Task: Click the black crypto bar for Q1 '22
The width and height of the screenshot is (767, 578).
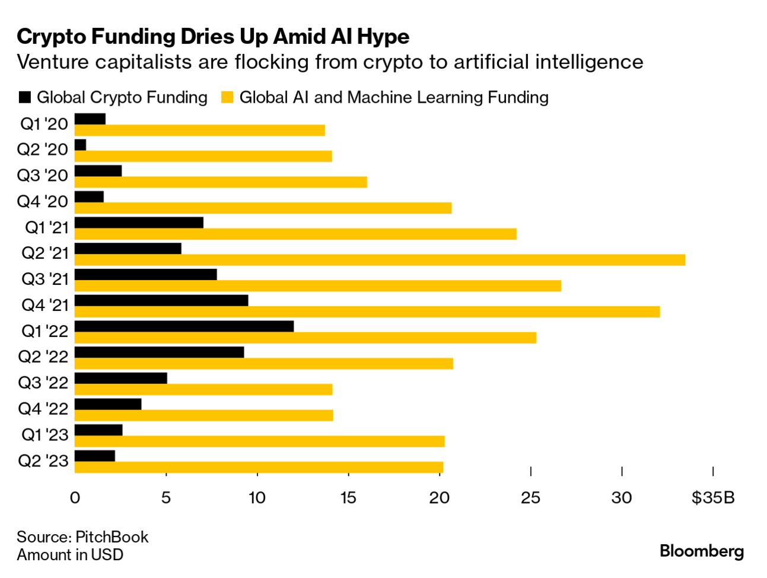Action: pyautogui.click(x=184, y=326)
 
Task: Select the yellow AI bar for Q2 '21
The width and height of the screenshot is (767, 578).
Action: pyautogui.click(x=380, y=260)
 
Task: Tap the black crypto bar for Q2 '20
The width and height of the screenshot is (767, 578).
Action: pyautogui.click(x=81, y=145)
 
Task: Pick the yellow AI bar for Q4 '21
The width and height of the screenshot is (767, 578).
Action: pyautogui.click(x=367, y=312)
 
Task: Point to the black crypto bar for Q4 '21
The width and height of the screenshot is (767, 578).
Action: pyautogui.click(x=161, y=300)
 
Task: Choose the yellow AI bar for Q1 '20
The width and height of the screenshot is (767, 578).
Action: pyautogui.click(x=199, y=131)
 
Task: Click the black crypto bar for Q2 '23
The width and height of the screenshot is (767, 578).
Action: pyautogui.click(x=95, y=456)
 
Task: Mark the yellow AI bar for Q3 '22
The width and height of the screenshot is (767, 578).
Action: pyautogui.click(x=203, y=389)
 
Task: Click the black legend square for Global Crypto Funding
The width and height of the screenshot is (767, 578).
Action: pyautogui.click(x=25, y=97)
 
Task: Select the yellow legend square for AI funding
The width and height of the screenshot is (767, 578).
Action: pyautogui.click(x=227, y=97)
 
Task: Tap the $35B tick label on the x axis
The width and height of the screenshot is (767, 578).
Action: pyautogui.click(x=713, y=497)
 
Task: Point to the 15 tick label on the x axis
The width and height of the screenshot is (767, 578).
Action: pyautogui.click(x=348, y=497)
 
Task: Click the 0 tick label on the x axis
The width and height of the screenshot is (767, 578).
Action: pyautogui.click(x=75, y=497)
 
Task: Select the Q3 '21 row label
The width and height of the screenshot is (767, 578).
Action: pyautogui.click(x=45, y=279)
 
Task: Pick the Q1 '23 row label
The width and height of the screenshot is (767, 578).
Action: pyautogui.click(x=45, y=434)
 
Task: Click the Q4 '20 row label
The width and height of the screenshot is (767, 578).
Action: pyautogui.click(x=43, y=201)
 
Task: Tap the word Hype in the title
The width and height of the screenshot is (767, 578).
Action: pyautogui.click(x=383, y=37)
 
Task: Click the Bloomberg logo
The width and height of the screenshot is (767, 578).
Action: pyautogui.click(x=701, y=551)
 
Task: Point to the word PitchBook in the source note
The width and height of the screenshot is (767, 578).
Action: pyautogui.click(x=112, y=537)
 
